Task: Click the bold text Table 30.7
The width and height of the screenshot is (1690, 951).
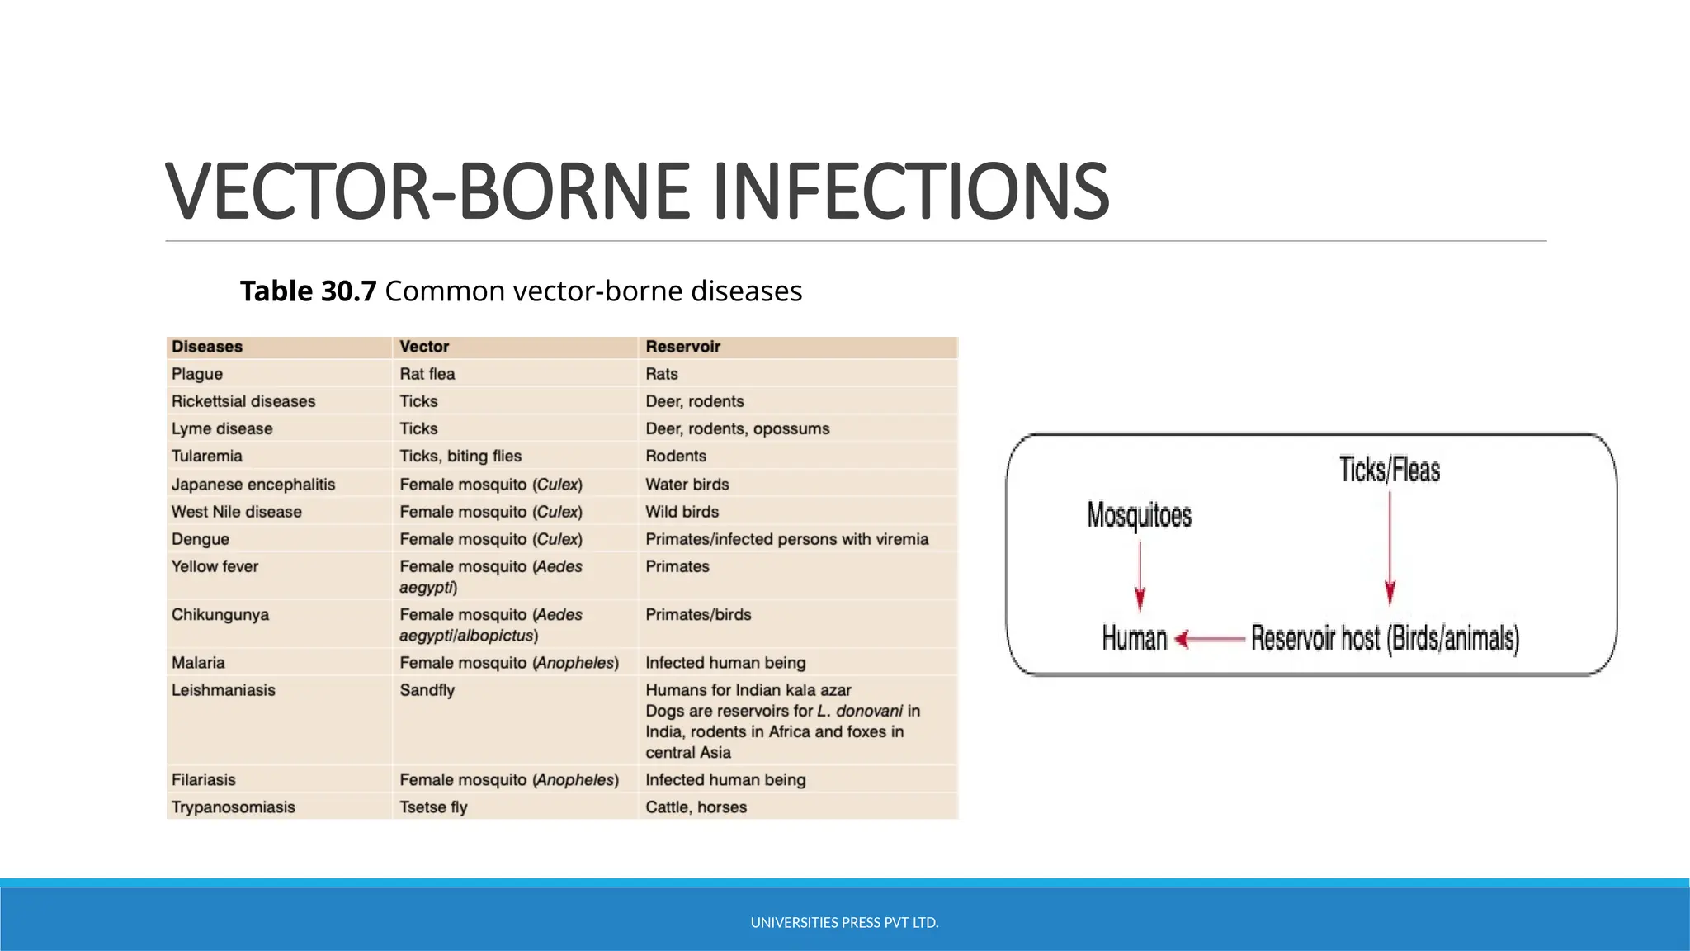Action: click(308, 291)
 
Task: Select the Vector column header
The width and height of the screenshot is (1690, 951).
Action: click(424, 347)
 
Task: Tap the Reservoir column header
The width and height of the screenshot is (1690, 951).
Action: click(682, 347)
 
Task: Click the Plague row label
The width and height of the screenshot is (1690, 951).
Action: click(197, 374)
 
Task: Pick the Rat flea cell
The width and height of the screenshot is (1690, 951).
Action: click(427, 374)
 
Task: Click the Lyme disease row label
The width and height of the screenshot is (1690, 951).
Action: click(222, 428)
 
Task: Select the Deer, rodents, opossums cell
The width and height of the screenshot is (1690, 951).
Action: click(737, 428)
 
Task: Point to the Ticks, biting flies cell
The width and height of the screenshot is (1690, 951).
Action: click(460, 456)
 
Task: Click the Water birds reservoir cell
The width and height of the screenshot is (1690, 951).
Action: click(687, 485)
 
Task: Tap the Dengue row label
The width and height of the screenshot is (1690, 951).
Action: click(201, 539)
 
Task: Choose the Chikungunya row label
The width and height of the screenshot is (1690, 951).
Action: click(220, 615)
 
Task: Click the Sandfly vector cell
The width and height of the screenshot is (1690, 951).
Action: click(427, 690)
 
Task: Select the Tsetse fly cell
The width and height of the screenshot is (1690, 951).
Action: click(433, 807)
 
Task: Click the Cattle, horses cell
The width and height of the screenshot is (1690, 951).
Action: click(696, 807)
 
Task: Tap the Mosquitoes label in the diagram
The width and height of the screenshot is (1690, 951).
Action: click(1139, 515)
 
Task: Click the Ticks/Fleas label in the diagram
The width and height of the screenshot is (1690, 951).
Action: click(1389, 470)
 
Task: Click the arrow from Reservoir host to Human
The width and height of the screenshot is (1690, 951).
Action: click(1210, 639)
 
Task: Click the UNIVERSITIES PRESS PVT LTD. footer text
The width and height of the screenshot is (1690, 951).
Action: click(844, 923)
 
